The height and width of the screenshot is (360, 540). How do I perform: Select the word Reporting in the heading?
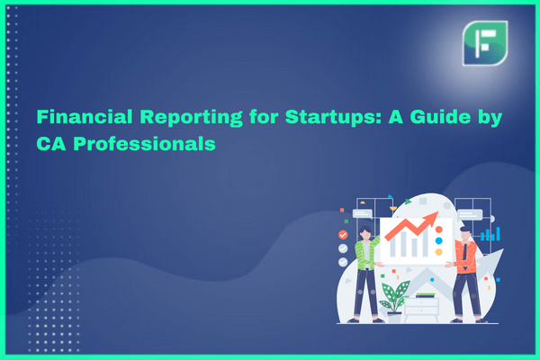191,118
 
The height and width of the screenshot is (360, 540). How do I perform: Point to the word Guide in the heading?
440,117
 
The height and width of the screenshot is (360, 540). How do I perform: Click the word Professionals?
144,144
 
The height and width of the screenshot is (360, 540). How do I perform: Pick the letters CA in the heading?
51,144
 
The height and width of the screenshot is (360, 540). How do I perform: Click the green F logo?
485,43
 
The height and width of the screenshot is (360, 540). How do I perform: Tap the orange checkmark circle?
343,235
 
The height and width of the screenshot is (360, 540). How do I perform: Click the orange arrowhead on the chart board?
432,218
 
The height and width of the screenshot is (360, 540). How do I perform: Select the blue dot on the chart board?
439,240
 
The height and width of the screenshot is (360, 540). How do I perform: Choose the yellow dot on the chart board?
439,252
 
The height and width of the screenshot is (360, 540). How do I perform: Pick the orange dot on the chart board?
439,229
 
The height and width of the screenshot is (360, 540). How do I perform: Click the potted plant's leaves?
395,295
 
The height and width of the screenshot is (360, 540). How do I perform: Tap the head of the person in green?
365,233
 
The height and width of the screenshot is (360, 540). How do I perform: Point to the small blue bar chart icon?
490,234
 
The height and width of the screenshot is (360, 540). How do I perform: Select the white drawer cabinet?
421,308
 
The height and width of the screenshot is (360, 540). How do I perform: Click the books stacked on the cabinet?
426,295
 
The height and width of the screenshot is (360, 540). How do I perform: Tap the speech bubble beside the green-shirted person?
363,214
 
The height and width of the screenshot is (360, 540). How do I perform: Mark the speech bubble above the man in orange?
470,214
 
